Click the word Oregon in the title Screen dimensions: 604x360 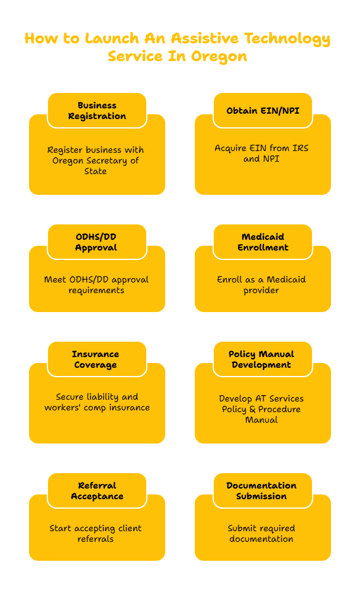pos(219,57)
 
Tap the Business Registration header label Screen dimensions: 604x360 pos(97,111)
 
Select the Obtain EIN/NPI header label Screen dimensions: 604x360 pos(263,111)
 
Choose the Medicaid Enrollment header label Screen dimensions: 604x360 pos(263,242)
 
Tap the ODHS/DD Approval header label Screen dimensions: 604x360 pos(97,242)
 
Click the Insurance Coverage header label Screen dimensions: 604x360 pos(96,359)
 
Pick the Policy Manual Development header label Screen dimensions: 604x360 pos(262,359)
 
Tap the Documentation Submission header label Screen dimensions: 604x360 pos(262,491)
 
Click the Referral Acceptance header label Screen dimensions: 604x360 pos(97,491)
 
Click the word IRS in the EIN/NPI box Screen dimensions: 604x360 pos(299,148)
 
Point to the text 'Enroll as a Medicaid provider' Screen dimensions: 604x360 pos(262,285)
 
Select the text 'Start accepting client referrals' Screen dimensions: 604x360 pos(95,534)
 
